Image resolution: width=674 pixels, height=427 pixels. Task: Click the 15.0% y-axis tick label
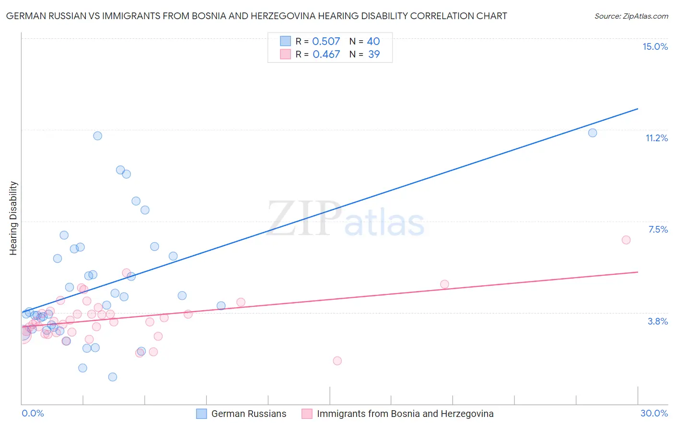tap(655, 46)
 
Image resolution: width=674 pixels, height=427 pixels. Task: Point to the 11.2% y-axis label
tap(656, 138)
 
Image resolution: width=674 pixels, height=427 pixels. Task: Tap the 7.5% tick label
tap(658, 229)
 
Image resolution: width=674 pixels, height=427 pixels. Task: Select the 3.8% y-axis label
tap(658, 321)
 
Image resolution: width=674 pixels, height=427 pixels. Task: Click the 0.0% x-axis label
tap(33, 413)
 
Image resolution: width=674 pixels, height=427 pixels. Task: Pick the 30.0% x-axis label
tap(654, 413)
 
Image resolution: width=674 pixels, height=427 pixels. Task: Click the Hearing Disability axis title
tap(13, 218)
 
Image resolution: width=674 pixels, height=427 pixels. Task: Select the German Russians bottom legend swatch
tap(201, 414)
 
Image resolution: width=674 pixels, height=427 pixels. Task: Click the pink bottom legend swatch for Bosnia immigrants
tap(307, 414)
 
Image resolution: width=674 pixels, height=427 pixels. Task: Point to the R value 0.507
tap(326, 42)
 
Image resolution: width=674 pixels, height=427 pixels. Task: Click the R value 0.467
tap(326, 55)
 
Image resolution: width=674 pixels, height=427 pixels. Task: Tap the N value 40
tap(373, 42)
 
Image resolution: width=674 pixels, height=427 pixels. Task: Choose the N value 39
tap(374, 55)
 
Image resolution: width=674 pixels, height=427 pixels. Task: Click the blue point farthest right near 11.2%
tap(593, 133)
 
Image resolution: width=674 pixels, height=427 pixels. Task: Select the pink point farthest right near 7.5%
tap(626, 240)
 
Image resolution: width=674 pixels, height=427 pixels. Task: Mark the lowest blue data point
tap(113, 377)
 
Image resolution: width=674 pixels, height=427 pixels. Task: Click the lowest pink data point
tap(337, 360)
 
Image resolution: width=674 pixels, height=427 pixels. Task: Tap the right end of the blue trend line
tap(638, 109)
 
